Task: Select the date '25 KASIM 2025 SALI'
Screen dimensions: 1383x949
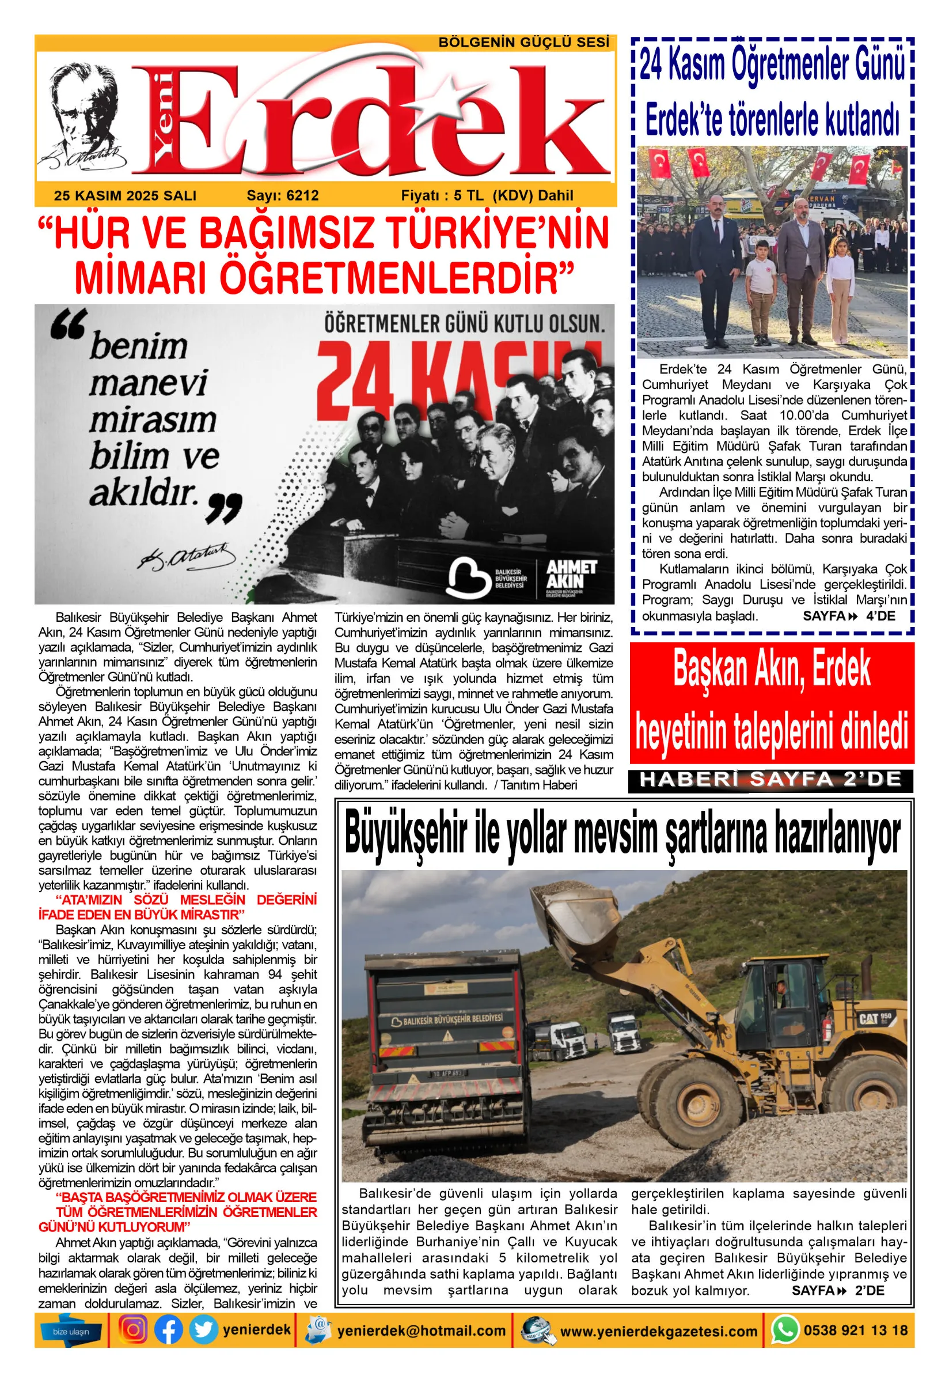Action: coord(125,196)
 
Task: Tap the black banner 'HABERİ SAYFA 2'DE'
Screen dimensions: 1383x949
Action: coord(770,780)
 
